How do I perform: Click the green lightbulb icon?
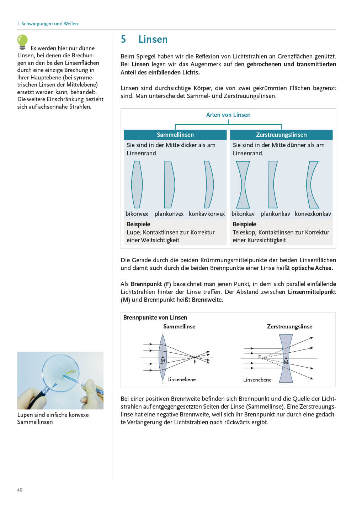click(22, 41)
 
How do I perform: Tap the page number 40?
click(20, 490)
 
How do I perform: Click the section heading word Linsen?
click(153, 39)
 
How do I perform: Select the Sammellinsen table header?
click(175, 135)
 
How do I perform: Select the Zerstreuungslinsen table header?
click(281, 135)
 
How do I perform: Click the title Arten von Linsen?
click(228, 115)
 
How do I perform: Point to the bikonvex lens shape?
click(137, 185)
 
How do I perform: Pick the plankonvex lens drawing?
click(169, 185)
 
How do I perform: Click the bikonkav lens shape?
click(243, 185)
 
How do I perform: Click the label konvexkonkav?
click(313, 214)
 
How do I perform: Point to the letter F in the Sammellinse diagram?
click(195, 362)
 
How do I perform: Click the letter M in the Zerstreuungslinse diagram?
click(286, 362)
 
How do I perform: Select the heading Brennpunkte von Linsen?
click(155, 317)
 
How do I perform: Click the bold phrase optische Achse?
click(312, 268)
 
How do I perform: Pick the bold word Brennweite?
click(207, 300)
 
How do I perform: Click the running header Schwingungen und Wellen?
click(49, 24)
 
